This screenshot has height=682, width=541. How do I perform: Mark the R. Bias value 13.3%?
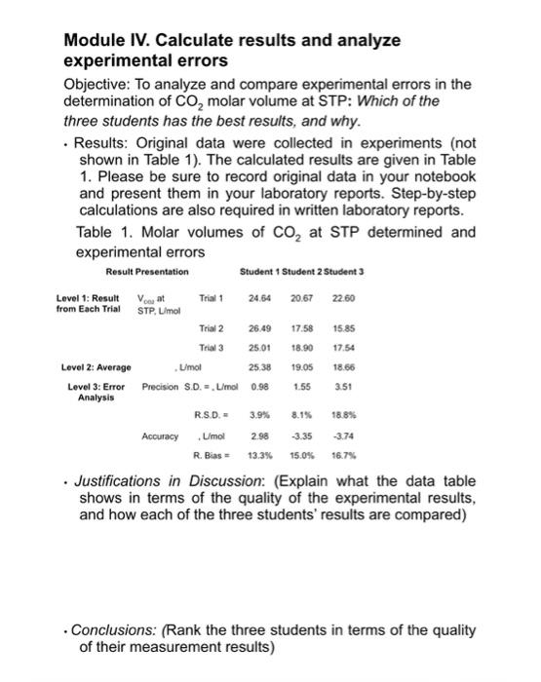pos(258,455)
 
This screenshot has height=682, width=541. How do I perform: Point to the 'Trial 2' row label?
pos(213,328)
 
